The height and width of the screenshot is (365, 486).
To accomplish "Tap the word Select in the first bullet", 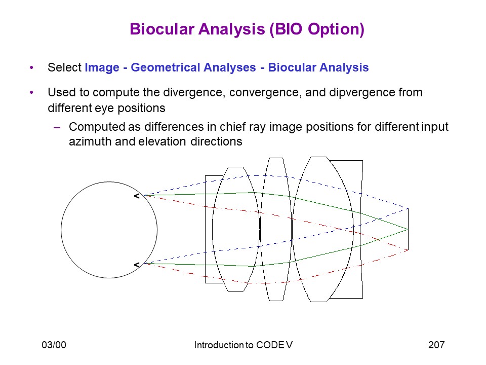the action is [x=64, y=67].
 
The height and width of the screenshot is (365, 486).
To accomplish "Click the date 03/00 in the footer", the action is [x=54, y=345].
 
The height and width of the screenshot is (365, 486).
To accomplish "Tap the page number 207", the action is [x=436, y=345].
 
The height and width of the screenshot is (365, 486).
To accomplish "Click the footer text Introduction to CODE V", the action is [x=244, y=345].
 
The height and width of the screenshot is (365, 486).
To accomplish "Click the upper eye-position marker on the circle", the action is [x=137, y=196].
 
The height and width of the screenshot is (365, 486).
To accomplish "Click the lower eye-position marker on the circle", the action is [x=137, y=265].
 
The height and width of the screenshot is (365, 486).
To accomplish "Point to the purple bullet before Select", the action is [x=31, y=67].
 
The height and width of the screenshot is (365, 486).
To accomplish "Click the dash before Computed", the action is [x=57, y=127].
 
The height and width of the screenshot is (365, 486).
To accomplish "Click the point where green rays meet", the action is [x=408, y=229].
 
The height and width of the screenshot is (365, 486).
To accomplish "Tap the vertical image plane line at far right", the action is [x=408, y=229].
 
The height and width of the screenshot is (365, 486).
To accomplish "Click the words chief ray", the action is [x=243, y=127].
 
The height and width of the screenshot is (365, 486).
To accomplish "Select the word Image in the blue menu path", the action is [x=102, y=67].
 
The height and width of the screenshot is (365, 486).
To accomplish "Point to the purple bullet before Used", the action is [x=31, y=92].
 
